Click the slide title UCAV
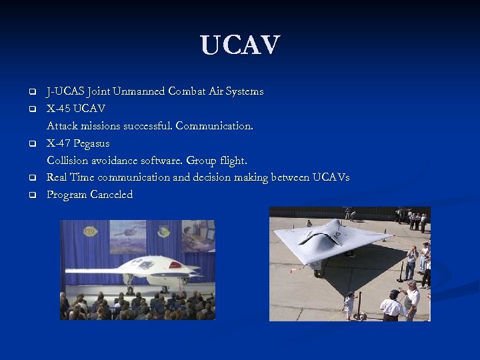click(240, 45)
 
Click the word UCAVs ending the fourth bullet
click(331, 177)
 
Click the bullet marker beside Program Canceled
click(31, 195)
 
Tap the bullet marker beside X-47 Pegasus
click(31, 143)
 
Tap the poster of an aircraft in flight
click(127, 237)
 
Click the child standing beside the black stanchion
click(348, 305)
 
